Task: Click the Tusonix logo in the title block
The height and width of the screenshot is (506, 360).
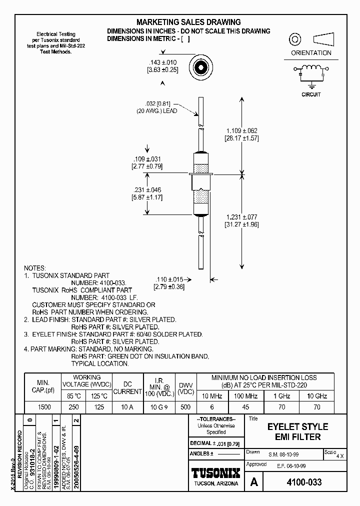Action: pyautogui.click(x=216, y=473)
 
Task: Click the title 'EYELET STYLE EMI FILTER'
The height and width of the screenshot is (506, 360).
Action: pyautogui.click(x=297, y=431)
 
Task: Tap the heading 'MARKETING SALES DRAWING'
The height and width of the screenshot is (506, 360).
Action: pyautogui.click(x=188, y=22)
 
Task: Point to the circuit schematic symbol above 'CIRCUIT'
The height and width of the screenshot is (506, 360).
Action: pyautogui.click(x=311, y=74)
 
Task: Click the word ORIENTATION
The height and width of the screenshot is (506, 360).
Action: pyautogui.click(x=311, y=52)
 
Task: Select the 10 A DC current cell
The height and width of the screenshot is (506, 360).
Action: pyautogui.click(x=127, y=407)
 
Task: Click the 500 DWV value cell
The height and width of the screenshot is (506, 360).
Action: pyautogui.click(x=185, y=407)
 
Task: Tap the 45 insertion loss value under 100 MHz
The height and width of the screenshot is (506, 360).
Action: pyautogui.click(x=245, y=407)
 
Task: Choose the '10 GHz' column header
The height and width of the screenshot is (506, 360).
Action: pyautogui.click(x=316, y=396)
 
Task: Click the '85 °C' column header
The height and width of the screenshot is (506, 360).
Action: pyautogui.click(x=73, y=396)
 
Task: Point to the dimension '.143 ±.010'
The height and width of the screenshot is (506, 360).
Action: pyautogui.click(x=163, y=62)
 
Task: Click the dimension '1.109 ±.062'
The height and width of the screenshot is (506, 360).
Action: pyautogui.click(x=241, y=130)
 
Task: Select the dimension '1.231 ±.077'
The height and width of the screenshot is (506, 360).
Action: pyautogui.click(x=241, y=217)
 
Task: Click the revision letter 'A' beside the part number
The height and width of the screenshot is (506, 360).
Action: pyautogui.click(x=254, y=482)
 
